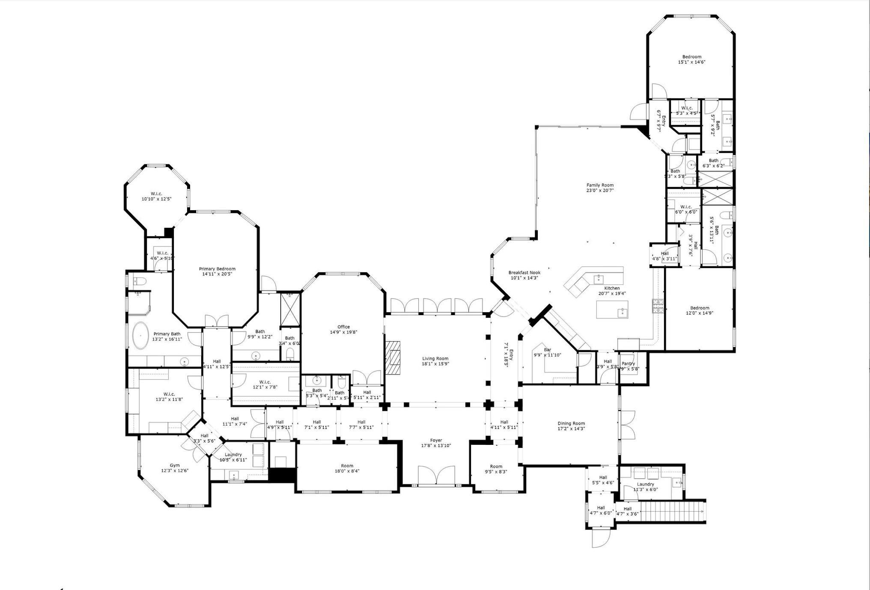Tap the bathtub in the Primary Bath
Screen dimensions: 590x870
point(140,335)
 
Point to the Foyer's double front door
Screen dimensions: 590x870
point(436,476)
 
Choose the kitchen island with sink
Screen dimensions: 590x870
point(612,309)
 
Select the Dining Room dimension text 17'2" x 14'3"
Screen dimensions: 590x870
point(571,429)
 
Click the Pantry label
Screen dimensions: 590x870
point(628,364)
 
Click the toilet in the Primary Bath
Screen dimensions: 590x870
point(140,281)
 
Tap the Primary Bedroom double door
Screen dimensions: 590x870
point(217,321)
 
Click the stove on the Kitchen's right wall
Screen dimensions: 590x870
point(658,306)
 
